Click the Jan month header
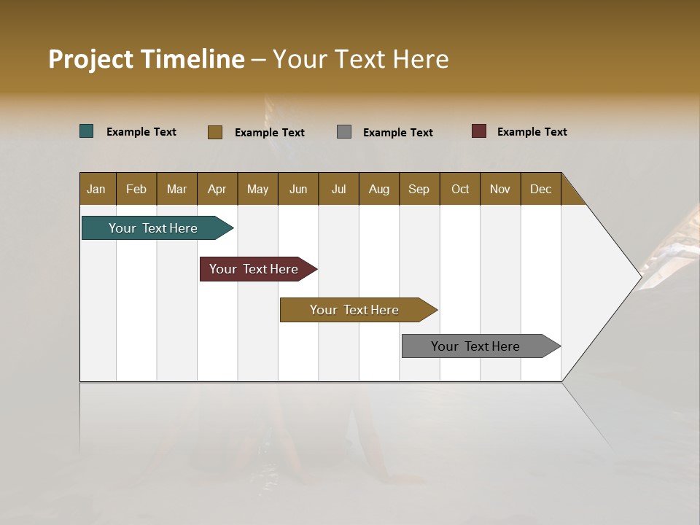[97, 189]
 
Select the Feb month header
[136, 189]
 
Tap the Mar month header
[176, 189]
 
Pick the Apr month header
[217, 189]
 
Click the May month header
[257, 189]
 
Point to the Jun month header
[298, 189]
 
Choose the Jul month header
[338, 189]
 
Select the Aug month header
[379, 189]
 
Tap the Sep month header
[419, 189]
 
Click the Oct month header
[460, 189]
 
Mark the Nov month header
[500, 189]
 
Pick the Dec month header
[541, 189]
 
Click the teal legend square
[87, 131]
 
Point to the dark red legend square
[479, 131]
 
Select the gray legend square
[344, 132]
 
